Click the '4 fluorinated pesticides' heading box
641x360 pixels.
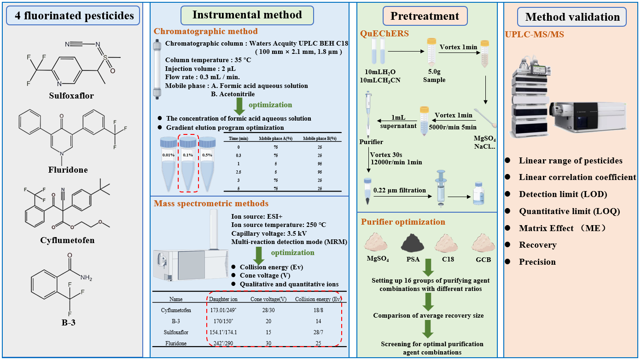[x=73, y=16]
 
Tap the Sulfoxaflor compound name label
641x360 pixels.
[x=71, y=96]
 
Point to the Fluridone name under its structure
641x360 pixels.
[x=68, y=170]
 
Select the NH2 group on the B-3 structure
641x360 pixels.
[x=85, y=278]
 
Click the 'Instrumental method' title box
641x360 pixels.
[x=247, y=15]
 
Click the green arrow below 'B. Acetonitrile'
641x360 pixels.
[x=239, y=106]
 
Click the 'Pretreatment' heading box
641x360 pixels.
[x=425, y=16]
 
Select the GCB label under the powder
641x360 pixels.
[x=483, y=259]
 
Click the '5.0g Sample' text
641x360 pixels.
[x=434, y=76]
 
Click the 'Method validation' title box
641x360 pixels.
[x=572, y=17]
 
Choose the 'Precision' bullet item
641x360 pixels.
[x=537, y=262]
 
